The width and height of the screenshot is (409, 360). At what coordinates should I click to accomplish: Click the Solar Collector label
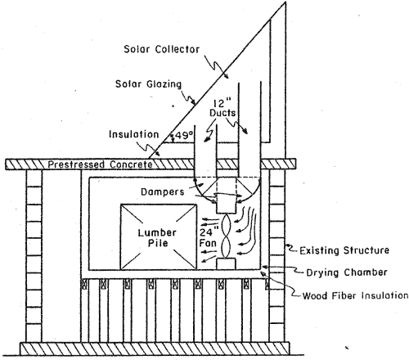coord(161,49)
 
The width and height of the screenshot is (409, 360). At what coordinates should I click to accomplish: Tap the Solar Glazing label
coord(148,84)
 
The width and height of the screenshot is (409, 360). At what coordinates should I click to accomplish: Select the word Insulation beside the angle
coord(133,134)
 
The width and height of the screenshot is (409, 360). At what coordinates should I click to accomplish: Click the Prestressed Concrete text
coord(100,164)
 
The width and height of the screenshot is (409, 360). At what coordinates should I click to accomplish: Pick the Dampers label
coord(163,191)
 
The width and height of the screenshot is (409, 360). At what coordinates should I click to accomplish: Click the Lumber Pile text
coord(157,238)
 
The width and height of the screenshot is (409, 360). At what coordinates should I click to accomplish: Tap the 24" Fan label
coord(209,237)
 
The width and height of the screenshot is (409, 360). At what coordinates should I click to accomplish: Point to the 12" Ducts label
coord(222,108)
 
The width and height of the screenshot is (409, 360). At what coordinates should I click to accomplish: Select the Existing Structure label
coord(344,250)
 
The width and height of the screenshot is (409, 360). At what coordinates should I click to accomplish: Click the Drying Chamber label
coord(347,272)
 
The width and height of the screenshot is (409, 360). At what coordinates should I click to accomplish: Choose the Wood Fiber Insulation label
coord(355,295)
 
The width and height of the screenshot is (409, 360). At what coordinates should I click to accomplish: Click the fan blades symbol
coord(227,236)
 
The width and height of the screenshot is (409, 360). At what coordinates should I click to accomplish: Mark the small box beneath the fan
coord(226,263)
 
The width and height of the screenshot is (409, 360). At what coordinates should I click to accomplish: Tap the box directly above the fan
coord(226,207)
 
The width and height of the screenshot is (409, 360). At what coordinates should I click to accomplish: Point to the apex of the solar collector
coord(285,2)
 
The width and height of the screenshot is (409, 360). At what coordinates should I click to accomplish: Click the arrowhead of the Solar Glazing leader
coord(194,103)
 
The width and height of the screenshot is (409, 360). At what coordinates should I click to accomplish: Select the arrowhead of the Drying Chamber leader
coord(263,266)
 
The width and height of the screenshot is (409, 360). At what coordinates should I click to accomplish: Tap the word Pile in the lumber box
coord(158,243)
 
